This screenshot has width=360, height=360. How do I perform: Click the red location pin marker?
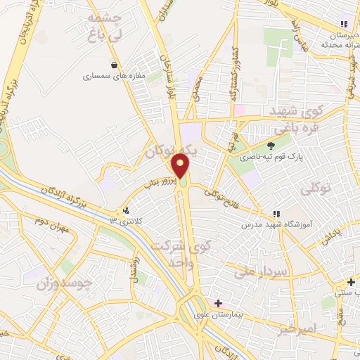(x=181, y=166)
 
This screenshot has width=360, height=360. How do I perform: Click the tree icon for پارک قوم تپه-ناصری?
(x=271, y=147)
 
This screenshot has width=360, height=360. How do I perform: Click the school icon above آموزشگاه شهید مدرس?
(x=278, y=214)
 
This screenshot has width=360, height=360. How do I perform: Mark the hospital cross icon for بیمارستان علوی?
(x=219, y=302)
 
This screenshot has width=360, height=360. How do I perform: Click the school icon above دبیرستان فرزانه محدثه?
(x=344, y=23)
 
